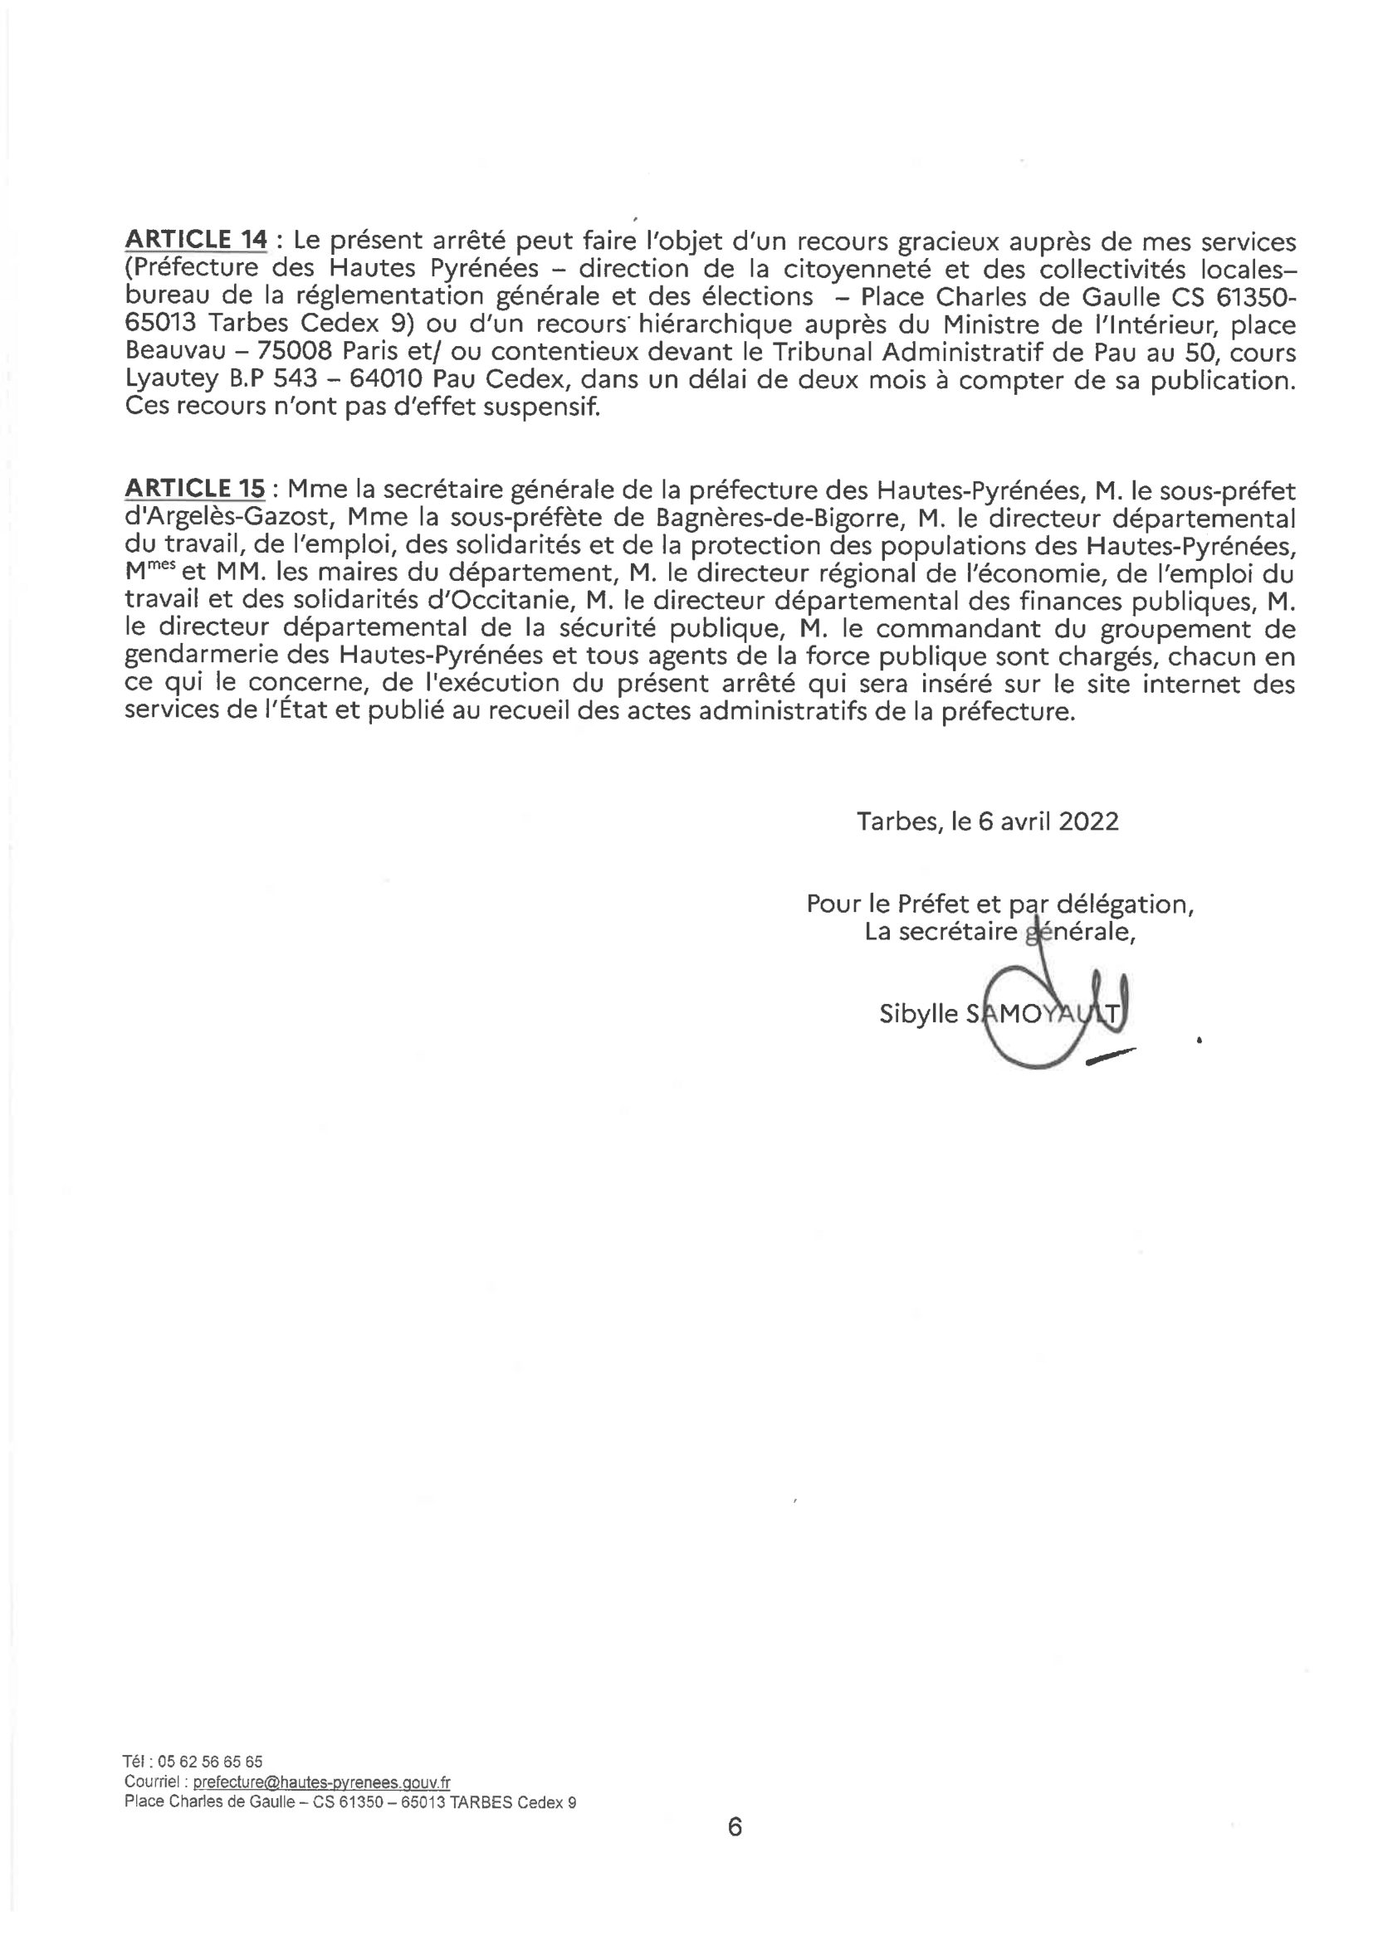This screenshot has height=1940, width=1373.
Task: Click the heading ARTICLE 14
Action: click(195, 240)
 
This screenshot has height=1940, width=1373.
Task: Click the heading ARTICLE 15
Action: click(194, 489)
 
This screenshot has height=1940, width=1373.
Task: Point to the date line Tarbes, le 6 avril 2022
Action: click(988, 821)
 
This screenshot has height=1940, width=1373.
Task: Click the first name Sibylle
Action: click(918, 1014)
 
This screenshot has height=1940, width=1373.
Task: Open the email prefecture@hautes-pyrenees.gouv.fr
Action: click(321, 1783)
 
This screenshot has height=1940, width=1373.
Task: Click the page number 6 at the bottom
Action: click(735, 1828)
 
